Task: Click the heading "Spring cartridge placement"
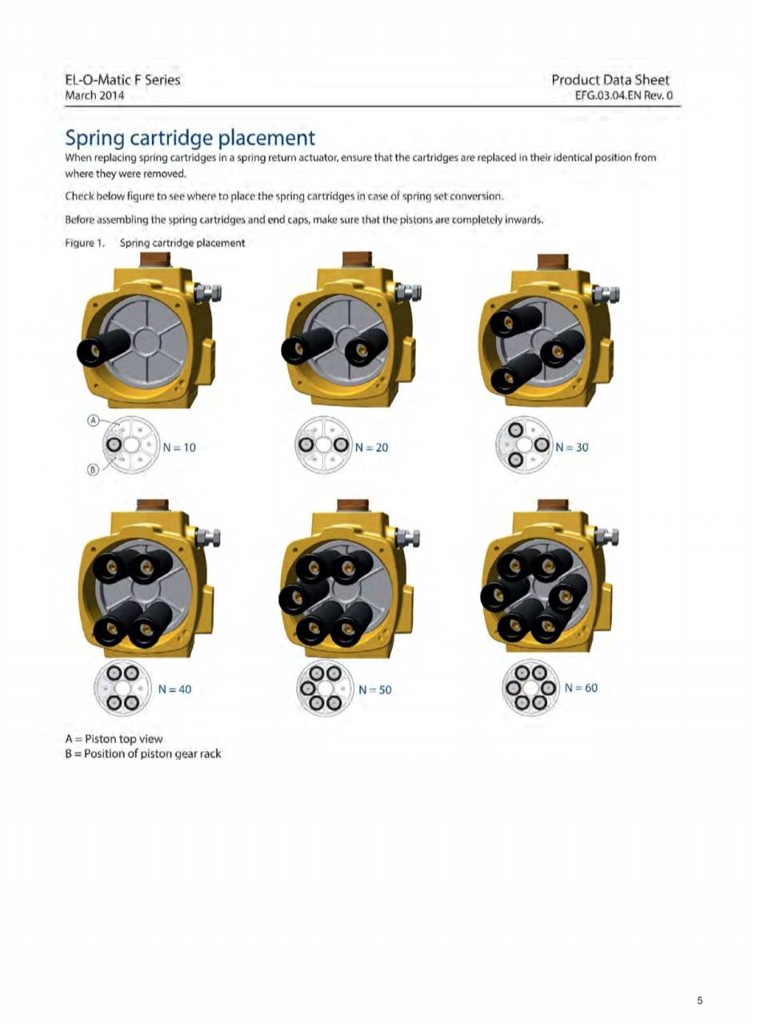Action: (190, 138)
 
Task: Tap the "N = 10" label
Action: (179, 447)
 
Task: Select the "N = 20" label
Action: (371, 447)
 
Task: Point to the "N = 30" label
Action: (572, 447)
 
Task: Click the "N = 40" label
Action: (174, 689)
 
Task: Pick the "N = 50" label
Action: (374, 689)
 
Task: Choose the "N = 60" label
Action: (581, 687)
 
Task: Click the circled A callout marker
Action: (94, 420)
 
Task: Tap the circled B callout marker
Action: (94, 470)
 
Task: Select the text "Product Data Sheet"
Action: (610, 80)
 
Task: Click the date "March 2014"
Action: (94, 95)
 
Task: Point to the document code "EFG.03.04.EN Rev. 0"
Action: (623, 95)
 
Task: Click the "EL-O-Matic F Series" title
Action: (122, 80)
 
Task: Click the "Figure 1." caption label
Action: (85, 243)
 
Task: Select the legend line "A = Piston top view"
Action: (114, 739)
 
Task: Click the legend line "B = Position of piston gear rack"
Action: (143, 753)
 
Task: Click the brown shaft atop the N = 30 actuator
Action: (553, 262)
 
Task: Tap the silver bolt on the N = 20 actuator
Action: (408, 293)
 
